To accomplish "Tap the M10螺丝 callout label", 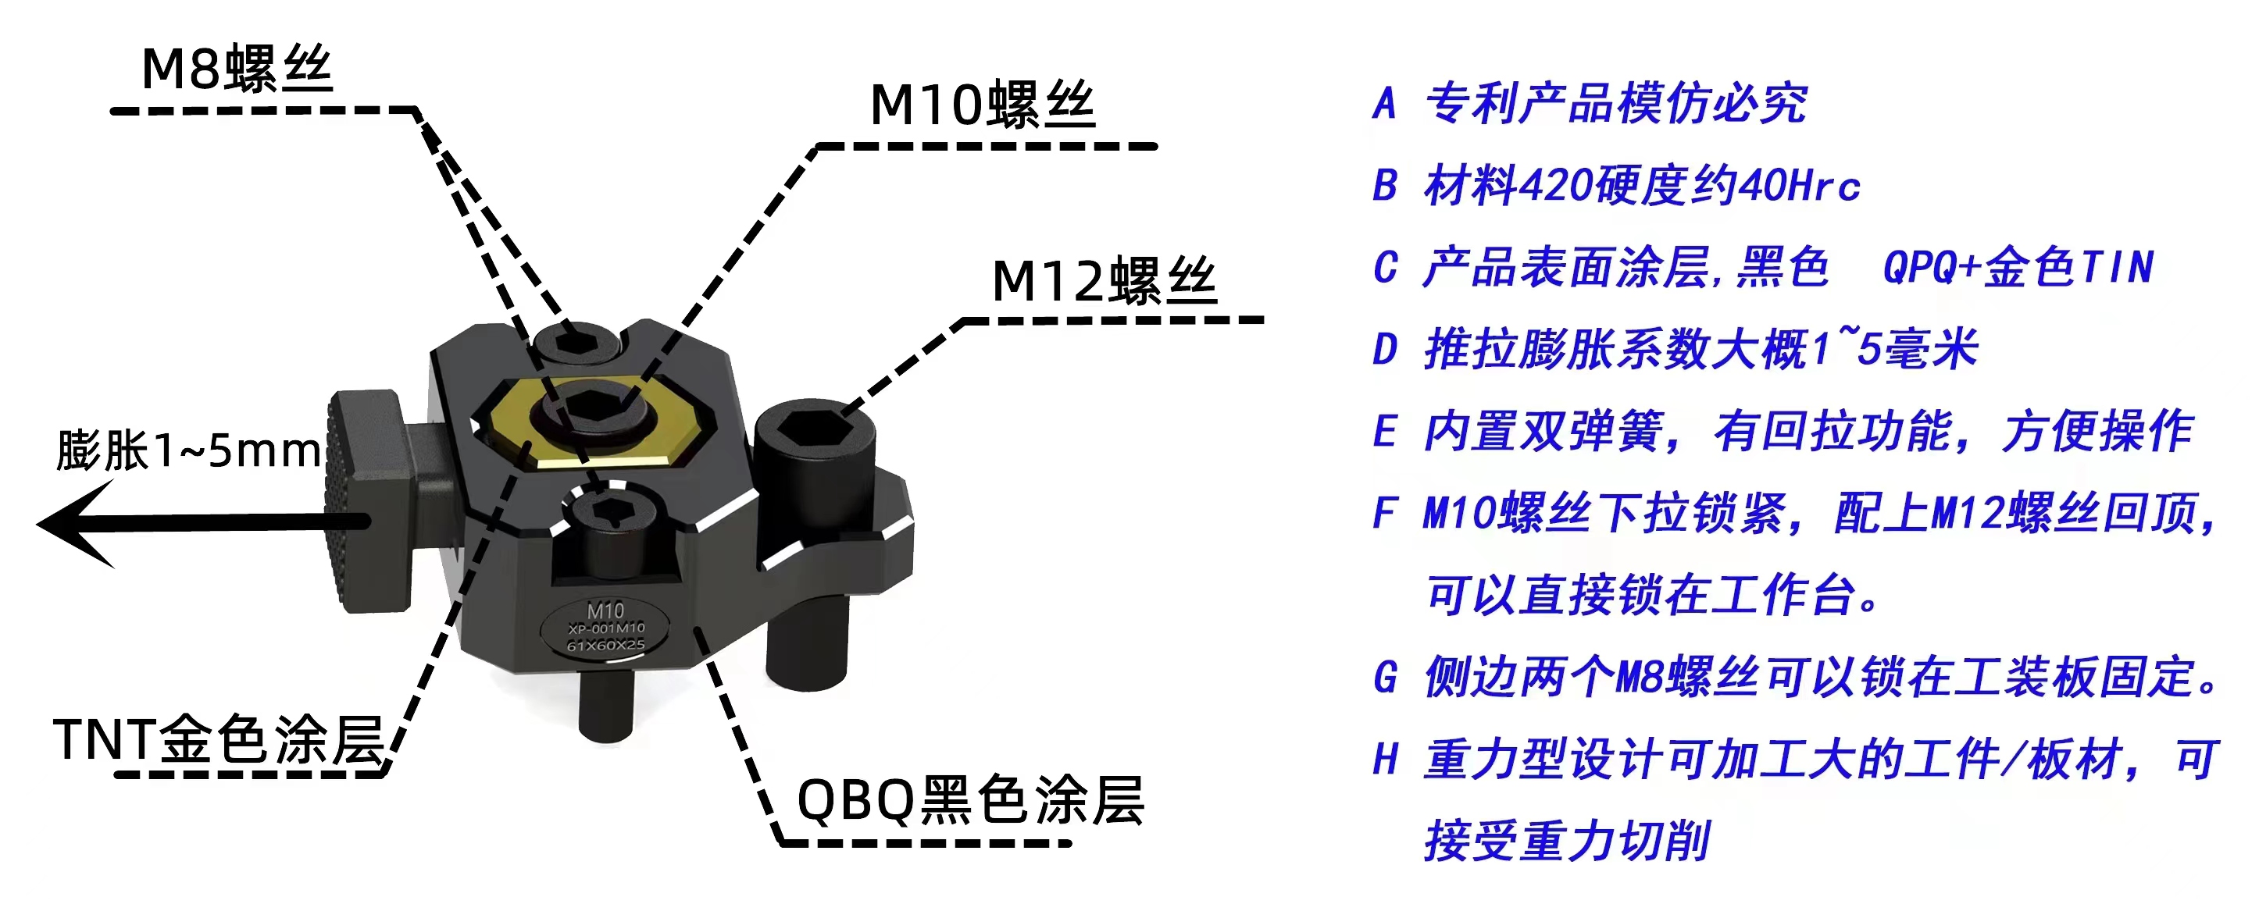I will (982, 105).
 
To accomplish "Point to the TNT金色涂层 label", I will (219, 739).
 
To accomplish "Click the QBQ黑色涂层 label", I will (970, 799).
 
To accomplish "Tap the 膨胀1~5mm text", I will (188, 450).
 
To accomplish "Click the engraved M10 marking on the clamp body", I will (605, 610).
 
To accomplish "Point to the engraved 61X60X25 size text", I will (605, 646).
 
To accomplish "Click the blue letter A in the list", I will (1385, 104).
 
